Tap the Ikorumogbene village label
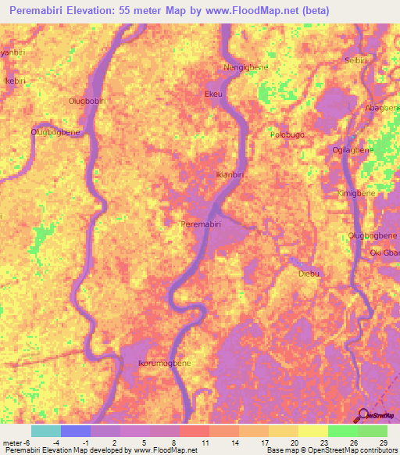click(x=164, y=364)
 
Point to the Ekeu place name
click(x=213, y=94)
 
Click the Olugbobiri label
click(x=87, y=101)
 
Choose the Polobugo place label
click(x=287, y=134)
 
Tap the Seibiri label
click(x=356, y=60)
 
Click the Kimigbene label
click(x=356, y=192)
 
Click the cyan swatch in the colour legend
click(x=45, y=431)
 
